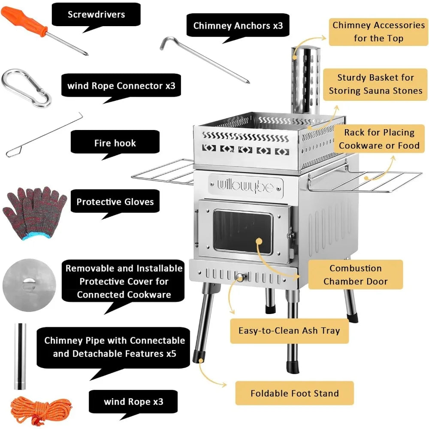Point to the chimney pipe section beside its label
(x=20, y=356)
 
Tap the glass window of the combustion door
(x=243, y=232)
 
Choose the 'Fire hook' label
(x=115, y=143)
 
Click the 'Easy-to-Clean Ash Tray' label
(x=289, y=331)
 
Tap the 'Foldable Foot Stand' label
(x=294, y=393)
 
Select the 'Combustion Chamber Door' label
(x=355, y=275)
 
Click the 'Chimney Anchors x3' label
(x=238, y=25)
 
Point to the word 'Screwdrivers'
(x=96, y=14)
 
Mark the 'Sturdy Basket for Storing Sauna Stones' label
(x=375, y=84)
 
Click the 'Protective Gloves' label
(x=115, y=202)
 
